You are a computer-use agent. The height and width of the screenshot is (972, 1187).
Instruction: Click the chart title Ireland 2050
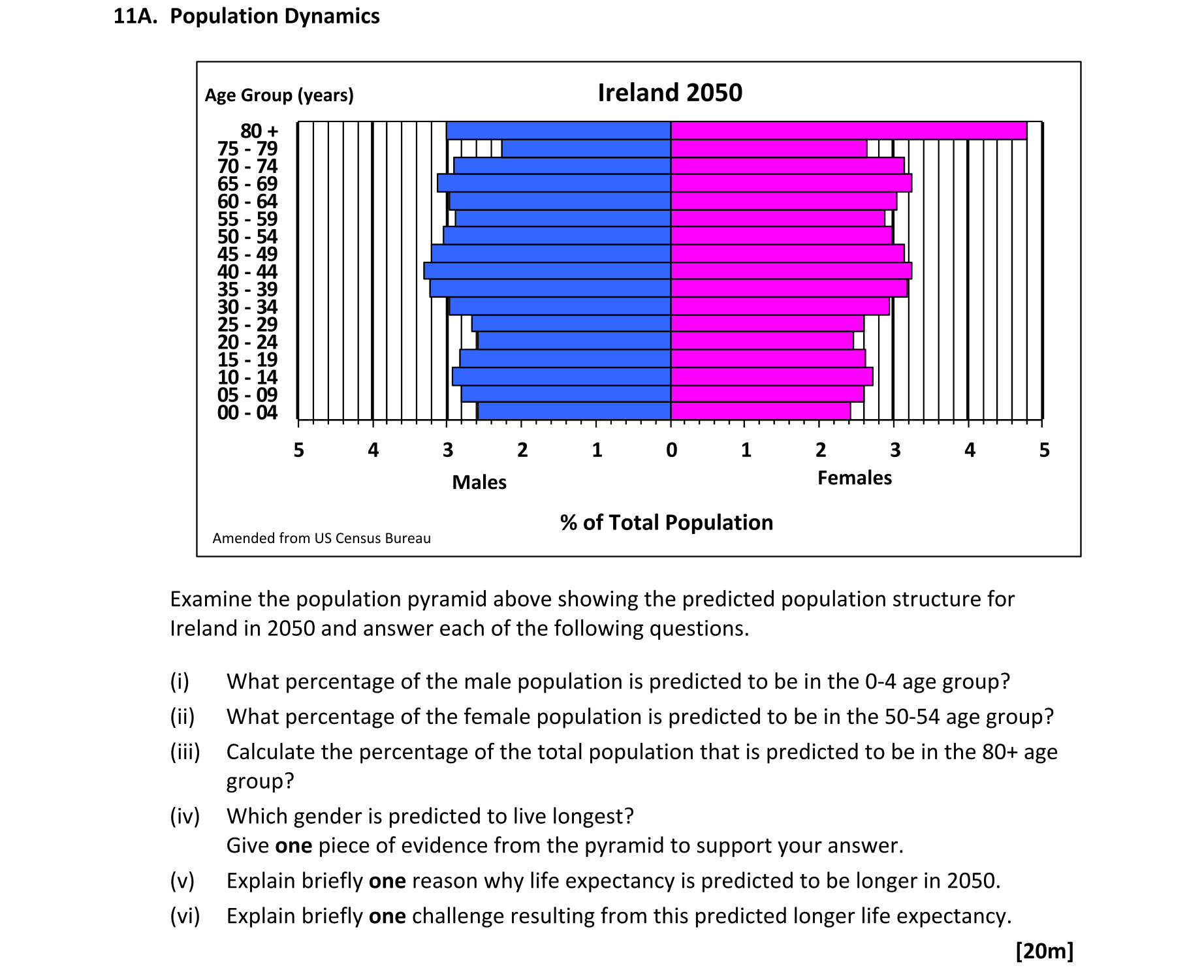pos(670,93)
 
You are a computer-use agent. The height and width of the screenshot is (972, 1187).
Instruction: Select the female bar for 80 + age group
pos(848,131)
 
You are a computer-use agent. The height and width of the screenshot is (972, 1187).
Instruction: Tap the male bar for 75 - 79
pos(586,149)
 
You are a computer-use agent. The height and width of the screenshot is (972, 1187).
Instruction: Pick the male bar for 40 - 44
pos(547,271)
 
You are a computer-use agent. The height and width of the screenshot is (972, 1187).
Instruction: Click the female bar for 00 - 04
pos(760,411)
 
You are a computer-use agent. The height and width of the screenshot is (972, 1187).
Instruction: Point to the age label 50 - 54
pos(247,236)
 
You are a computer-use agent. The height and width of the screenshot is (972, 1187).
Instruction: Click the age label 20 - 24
pos(247,342)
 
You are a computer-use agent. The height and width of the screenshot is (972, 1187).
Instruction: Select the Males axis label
pos(479,482)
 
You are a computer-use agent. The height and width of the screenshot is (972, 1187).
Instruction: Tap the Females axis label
pos(854,478)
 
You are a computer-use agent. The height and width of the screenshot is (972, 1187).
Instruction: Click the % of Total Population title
pos(667,522)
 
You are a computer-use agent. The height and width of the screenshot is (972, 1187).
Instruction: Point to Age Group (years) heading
pos(279,95)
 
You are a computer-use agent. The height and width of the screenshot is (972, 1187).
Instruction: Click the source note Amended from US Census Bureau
pos(321,538)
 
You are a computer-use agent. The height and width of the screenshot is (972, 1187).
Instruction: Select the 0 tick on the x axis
pos(671,450)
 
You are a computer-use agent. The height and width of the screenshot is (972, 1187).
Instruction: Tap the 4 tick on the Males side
pos(373,450)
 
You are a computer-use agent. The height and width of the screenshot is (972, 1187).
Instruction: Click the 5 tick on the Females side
pos(1044,450)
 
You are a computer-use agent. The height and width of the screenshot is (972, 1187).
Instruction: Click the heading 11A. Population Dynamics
pos(246,16)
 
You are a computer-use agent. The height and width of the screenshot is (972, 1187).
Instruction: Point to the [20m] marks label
pos(1044,950)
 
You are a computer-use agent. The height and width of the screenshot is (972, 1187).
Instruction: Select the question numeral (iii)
pos(185,752)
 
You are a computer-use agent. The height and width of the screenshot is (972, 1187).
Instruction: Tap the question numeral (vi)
pos(185,916)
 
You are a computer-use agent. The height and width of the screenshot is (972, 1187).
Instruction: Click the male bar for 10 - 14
pos(562,377)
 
